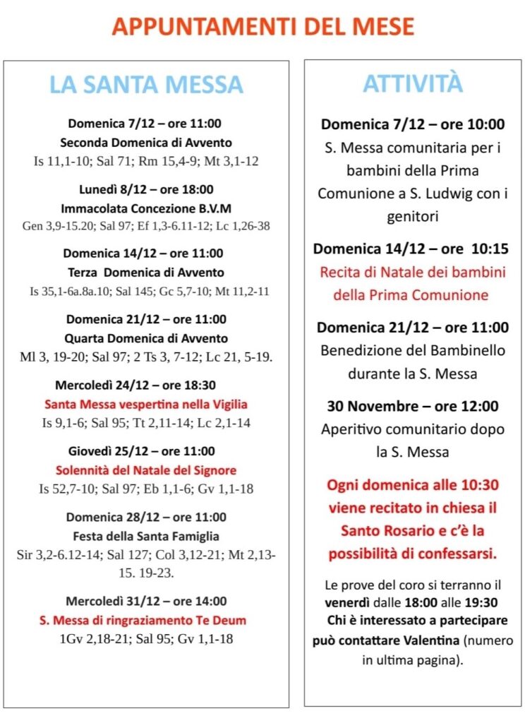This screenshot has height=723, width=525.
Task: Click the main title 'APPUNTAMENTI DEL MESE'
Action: [262, 27]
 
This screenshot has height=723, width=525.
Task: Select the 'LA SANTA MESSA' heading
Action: [146, 85]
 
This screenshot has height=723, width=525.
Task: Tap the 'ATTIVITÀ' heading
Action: [413, 83]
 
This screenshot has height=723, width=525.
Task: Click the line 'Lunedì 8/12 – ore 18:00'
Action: [146, 189]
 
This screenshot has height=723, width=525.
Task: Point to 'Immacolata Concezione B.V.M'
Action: [146, 208]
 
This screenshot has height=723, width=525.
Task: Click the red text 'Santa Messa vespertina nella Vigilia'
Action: [146, 405]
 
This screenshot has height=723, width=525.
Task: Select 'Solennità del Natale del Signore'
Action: [146, 470]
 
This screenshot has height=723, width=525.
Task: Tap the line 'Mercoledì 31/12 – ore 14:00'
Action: [146, 602]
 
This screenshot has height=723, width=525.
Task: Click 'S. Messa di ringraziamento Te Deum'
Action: [146, 621]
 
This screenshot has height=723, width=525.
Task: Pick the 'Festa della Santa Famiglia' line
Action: [146, 536]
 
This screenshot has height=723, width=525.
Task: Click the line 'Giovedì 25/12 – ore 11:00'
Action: [146, 451]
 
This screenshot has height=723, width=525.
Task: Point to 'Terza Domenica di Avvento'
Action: [146, 273]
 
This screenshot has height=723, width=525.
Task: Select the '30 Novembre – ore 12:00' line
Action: [413, 407]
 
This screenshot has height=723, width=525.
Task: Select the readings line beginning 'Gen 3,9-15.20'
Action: [146, 226]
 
